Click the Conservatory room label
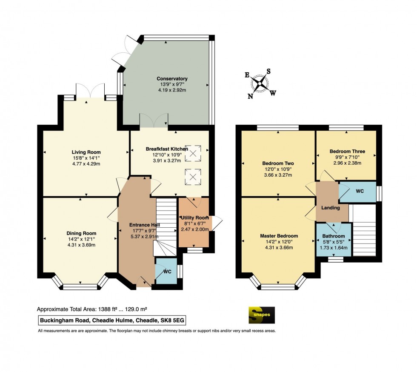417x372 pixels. [172, 78]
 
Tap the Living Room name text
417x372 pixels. [86, 152]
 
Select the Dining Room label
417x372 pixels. [81, 233]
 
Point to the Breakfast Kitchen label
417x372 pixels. [167, 149]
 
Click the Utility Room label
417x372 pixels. [195, 217]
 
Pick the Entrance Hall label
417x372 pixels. [144, 225]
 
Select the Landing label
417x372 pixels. [330, 208]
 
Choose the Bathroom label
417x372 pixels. [334, 236]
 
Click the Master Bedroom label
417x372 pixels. [279, 236]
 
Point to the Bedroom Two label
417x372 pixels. [278, 163]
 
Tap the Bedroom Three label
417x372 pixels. [347, 152]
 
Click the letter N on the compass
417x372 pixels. [250, 96]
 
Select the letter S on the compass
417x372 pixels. [268, 72]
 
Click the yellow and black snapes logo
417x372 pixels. [262, 315]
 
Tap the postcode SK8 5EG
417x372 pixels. [172, 320]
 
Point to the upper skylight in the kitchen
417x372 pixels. [193, 153]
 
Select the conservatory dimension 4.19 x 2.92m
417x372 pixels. [172, 90]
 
